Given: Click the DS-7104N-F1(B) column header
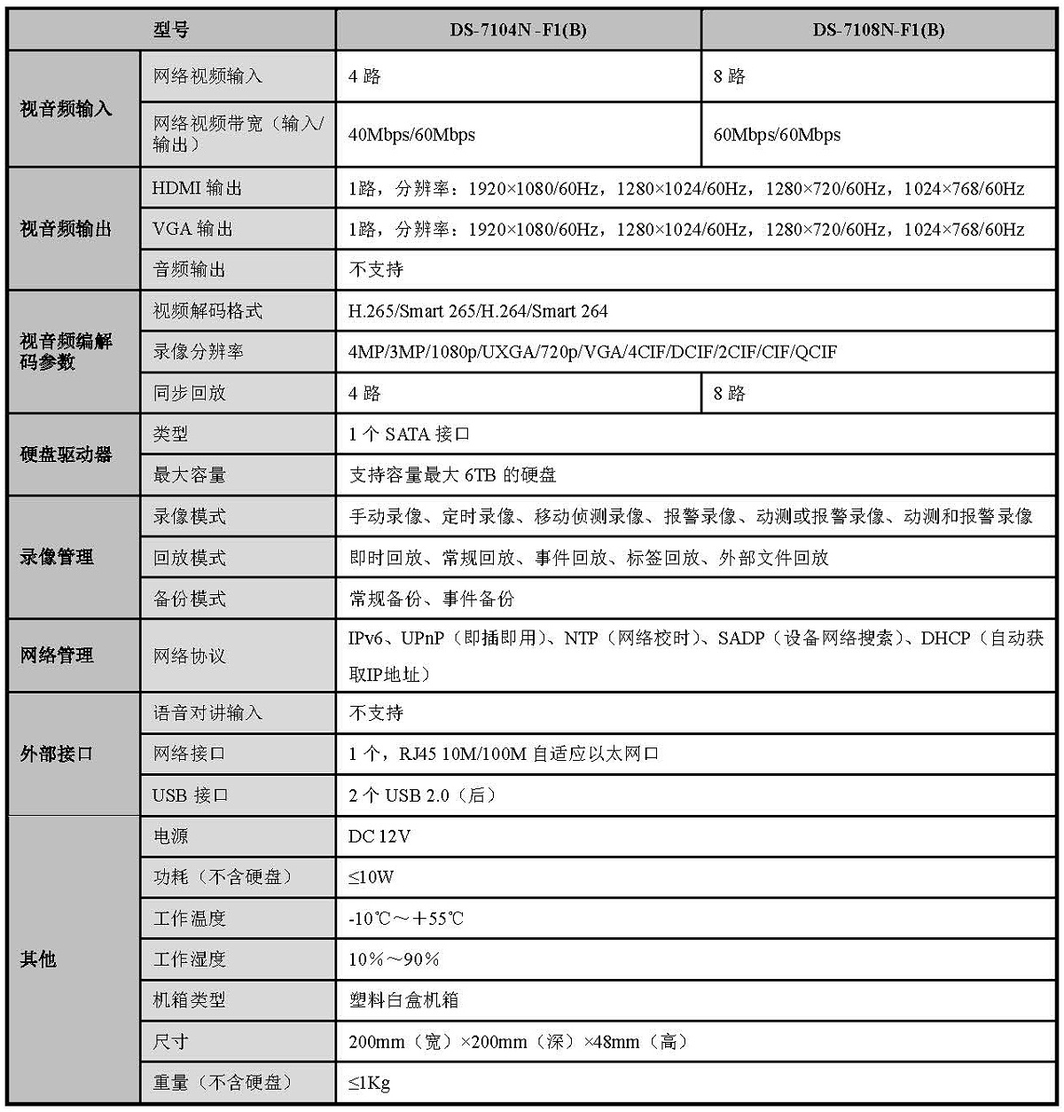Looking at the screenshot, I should tap(518, 30).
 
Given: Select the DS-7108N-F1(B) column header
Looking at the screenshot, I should tap(878, 30).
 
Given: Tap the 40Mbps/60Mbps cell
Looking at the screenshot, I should tap(412, 135).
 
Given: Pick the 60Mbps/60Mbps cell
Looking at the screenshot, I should tap(777, 135).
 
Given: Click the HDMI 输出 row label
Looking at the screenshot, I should tap(197, 188).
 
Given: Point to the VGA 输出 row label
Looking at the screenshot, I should tap(192, 229).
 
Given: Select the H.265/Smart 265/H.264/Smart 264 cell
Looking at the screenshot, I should tap(479, 311).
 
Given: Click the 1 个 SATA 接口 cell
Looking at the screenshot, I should tap(409, 435).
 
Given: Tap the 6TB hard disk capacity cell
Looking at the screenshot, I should tap(452, 475).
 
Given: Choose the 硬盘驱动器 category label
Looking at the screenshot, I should tap(66, 455).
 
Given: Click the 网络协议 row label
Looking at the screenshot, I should tap(189, 656).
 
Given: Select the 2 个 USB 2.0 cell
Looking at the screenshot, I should tap(422, 795).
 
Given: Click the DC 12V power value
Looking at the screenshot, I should tap(379, 836).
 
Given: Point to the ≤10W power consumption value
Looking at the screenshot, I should tap(372, 877).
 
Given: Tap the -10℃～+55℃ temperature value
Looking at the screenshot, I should tap(406, 919).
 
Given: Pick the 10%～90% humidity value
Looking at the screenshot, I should tap(395, 959).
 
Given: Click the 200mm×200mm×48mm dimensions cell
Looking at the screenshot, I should tap(518, 1042).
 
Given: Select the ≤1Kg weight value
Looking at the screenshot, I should tap(370, 1083).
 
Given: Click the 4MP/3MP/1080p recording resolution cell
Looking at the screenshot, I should tap(592, 352).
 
